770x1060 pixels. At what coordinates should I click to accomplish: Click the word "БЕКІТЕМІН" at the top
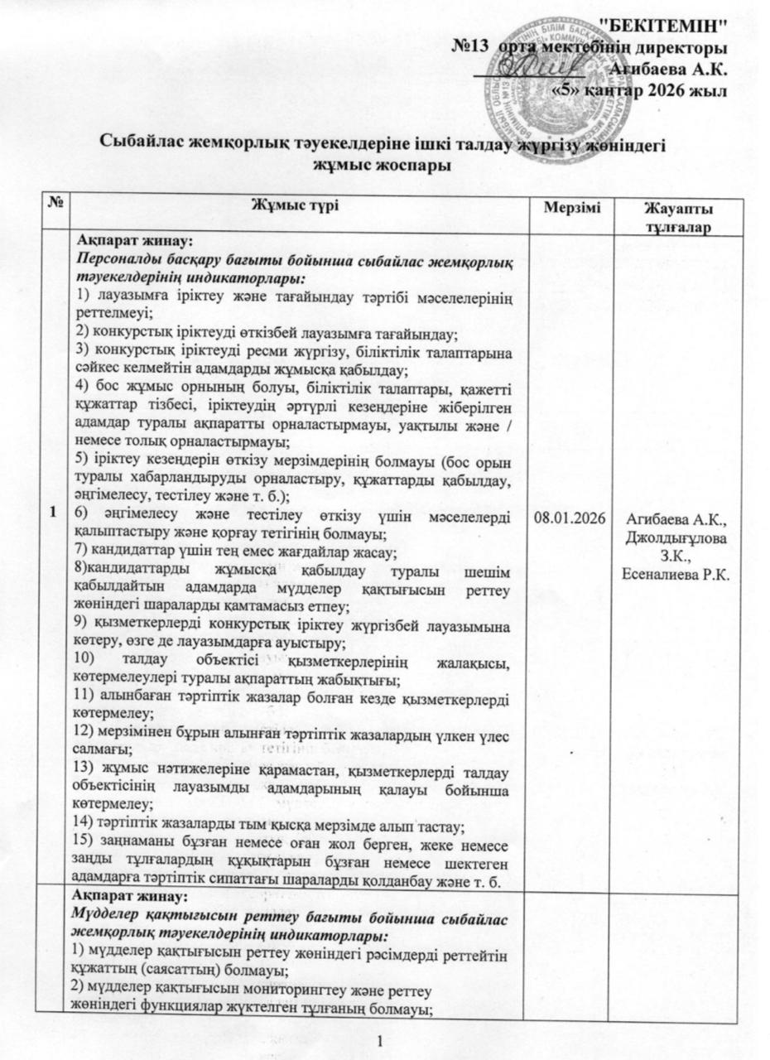668,26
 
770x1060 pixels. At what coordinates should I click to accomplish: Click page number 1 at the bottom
379,1039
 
